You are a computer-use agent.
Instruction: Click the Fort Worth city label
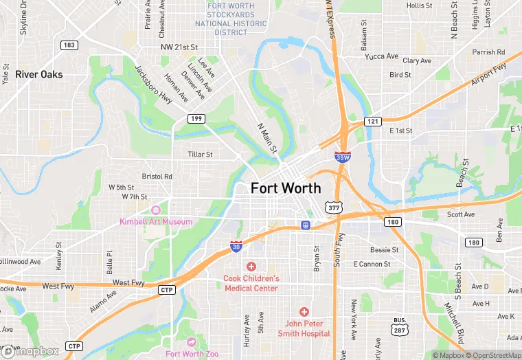click(x=285, y=188)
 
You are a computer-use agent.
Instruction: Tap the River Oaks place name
click(x=39, y=74)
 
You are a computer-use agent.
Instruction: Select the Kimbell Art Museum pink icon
click(x=156, y=210)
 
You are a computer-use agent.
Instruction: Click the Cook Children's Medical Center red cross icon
click(x=251, y=266)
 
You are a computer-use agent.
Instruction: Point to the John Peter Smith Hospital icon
click(x=304, y=311)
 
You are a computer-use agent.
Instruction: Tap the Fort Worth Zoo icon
click(x=192, y=342)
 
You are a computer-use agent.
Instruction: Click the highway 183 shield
click(x=69, y=45)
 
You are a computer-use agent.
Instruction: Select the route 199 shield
click(x=196, y=119)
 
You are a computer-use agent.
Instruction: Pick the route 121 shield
click(x=372, y=121)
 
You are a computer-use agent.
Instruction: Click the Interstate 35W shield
click(x=342, y=157)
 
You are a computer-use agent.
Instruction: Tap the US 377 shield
click(x=334, y=207)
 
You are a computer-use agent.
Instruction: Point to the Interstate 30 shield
click(x=236, y=246)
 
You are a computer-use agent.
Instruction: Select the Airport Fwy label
click(x=489, y=75)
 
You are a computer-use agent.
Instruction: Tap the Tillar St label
click(x=201, y=155)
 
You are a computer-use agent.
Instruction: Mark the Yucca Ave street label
click(x=382, y=56)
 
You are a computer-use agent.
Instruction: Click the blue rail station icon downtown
click(x=305, y=225)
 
